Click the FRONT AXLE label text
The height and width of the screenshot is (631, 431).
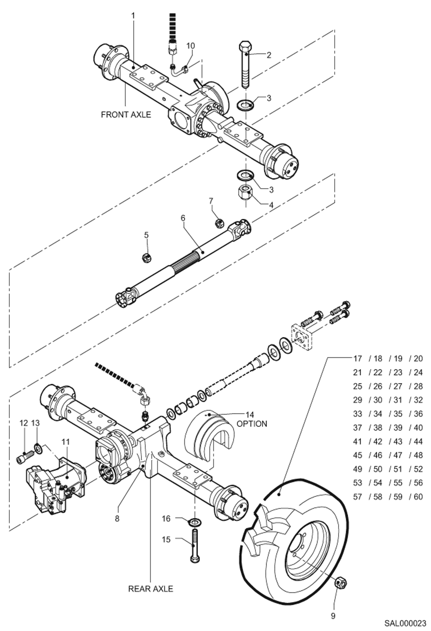tap(126, 114)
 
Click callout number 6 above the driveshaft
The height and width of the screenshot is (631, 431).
tap(183, 218)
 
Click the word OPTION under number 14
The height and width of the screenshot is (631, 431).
tap(252, 424)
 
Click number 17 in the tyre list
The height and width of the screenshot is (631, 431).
tap(357, 359)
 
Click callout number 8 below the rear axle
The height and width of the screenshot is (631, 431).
tap(117, 518)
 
